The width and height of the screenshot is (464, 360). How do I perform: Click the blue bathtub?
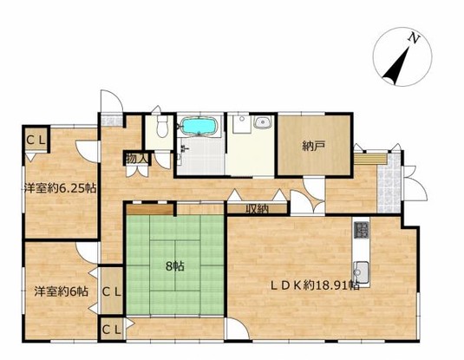click(199, 126)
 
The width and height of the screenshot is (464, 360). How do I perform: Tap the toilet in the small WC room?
click(162, 126)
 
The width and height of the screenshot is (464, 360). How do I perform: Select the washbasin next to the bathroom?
click(262, 122)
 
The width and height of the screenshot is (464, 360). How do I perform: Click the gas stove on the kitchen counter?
click(362, 229)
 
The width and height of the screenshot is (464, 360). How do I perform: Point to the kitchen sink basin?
click(361, 271)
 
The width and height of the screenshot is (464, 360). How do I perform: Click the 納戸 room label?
click(314, 146)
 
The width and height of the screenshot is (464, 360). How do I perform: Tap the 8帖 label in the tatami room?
click(175, 266)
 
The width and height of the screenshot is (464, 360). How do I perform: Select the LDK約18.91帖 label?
click(316, 285)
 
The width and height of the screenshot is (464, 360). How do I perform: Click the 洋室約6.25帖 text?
click(60, 188)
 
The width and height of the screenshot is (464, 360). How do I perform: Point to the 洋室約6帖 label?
click(61, 291)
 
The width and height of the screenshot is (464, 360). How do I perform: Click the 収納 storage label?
click(258, 209)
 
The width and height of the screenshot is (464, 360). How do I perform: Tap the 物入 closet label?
click(136, 159)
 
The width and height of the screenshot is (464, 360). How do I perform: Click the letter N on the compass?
click(415, 39)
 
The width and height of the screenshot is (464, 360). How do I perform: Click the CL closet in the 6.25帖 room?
click(36, 140)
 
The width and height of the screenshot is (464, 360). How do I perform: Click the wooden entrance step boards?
click(371, 159)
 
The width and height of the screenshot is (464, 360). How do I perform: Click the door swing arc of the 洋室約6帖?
click(86, 252)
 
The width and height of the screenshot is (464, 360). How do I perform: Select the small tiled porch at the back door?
click(111, 120)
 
